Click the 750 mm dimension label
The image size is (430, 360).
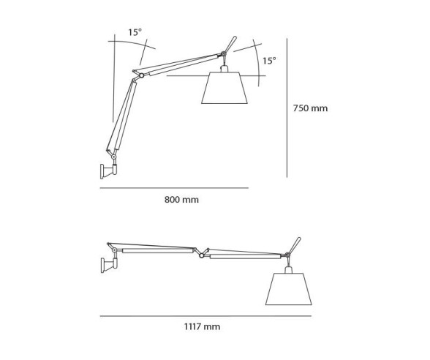coord(310,108)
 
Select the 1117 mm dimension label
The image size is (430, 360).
coord(203,328)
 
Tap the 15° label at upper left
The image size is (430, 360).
coord(135,32)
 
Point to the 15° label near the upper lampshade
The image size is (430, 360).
coord(269,61)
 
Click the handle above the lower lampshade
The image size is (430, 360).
coord(296,244)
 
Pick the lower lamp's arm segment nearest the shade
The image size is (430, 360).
coord(244,256)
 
